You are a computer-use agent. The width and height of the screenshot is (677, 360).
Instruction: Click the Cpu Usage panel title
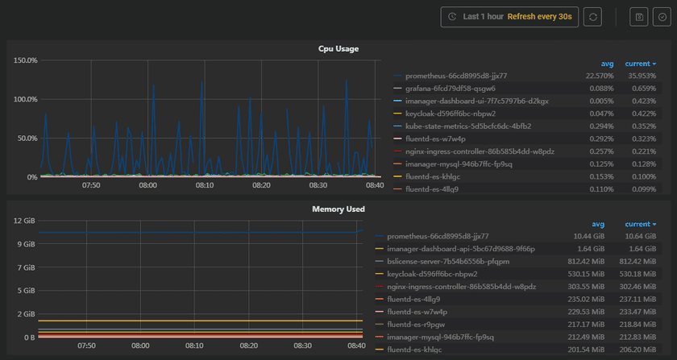[x=338, y=49]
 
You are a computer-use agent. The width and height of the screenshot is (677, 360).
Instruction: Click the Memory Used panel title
[x=338, y=209]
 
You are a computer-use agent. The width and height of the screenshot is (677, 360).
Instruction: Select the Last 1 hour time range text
[x=484, y=16]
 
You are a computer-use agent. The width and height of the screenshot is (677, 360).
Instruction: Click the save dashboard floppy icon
[x=640, y=16]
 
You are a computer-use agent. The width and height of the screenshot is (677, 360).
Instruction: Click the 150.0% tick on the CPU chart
[x=26, y=60]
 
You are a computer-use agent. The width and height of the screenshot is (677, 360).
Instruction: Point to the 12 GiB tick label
[x=23, y=221]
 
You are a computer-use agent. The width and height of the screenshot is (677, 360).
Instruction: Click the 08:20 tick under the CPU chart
[x=262, y=185]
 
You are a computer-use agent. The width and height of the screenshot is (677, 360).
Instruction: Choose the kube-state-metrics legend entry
[x=456, y=126]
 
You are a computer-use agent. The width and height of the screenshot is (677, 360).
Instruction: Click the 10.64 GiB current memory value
[x=641, y=237]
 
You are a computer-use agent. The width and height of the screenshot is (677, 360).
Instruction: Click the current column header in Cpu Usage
[x=640, y=64]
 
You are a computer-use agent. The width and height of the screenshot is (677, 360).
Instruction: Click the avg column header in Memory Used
[x=598, y=225]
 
